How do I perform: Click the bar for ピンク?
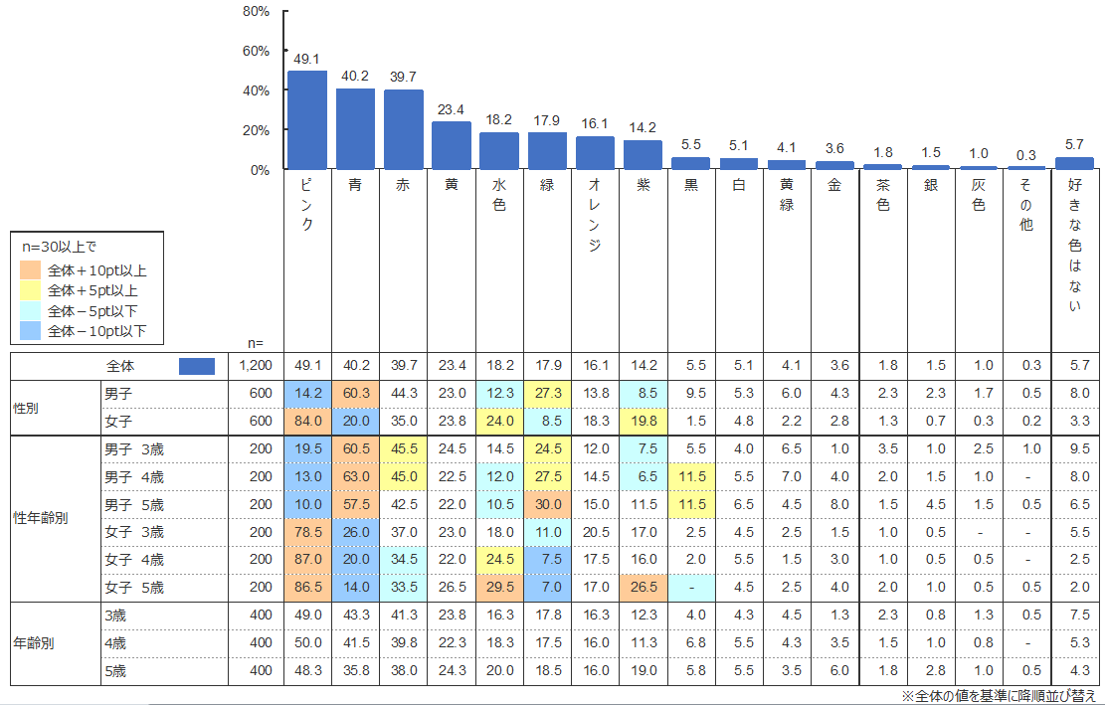point(307,120)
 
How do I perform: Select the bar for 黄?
point(452,145)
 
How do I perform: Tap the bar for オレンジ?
point(595,153)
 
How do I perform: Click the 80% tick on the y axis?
point(257,12)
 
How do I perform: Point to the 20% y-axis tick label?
point(257,130)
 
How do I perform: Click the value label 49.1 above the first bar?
point(307,59)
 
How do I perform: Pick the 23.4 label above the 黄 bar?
point(452,110)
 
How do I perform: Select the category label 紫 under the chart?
point(643,185)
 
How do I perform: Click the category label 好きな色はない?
point(1074,245)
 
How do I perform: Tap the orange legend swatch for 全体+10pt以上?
point(32,269)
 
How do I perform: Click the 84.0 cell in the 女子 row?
point(307,421)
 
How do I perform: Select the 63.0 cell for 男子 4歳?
point(355,476)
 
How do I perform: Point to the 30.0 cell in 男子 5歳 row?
point(547,504)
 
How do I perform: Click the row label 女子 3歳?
point(133,532)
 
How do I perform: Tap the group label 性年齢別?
point(41,518)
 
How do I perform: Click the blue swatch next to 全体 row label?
point(196,366)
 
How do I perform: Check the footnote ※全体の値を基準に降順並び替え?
point(999,696)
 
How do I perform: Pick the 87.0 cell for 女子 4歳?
point(307,560)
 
